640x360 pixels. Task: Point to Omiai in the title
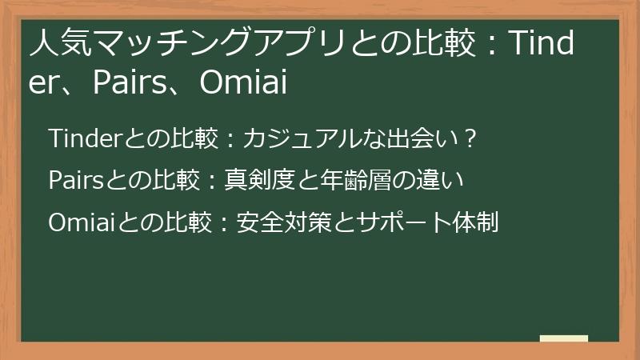click(243, 82)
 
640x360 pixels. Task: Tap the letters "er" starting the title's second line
click(45, 82)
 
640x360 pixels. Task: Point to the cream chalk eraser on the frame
click(563, 338)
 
